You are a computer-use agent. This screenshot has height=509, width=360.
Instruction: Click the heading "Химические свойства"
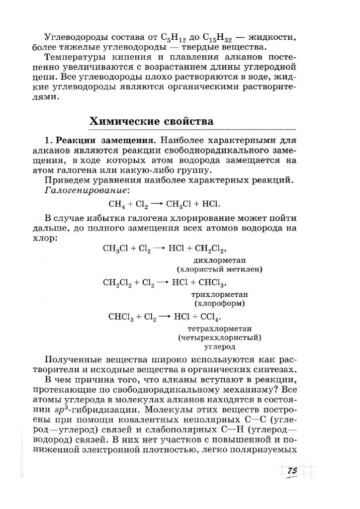152,121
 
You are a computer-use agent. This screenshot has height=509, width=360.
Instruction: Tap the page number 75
292,471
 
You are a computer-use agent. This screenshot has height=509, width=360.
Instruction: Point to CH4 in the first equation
115,204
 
